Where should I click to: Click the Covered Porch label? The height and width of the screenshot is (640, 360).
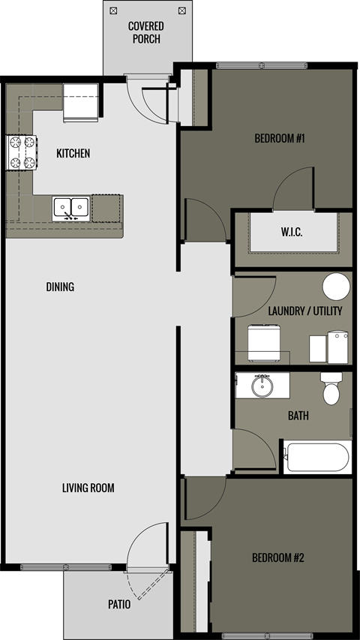(145, 32)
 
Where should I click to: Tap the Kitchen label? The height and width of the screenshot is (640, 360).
(73, 154)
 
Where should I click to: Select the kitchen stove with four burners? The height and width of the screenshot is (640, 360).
(22, 152)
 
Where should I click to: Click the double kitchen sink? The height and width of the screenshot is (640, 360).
(71, 208)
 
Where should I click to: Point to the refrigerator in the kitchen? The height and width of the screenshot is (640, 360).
(80, 102)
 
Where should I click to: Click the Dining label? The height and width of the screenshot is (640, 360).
(60, 287)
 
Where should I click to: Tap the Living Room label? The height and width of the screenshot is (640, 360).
(88, 488)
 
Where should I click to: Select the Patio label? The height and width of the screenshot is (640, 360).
(118, 604)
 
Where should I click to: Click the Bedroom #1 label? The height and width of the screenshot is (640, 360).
(279, 139)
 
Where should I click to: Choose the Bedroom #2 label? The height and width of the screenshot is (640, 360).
(277, 558)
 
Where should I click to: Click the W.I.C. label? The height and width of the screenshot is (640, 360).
(292, 233)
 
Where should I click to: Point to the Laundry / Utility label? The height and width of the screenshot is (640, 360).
(304, 311)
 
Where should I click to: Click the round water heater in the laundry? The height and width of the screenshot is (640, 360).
(336, 287)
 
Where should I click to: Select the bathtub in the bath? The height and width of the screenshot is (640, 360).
(316, 457)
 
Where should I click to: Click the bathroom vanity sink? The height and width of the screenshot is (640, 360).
(262, 386)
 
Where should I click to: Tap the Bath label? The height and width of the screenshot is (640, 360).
(298, 416)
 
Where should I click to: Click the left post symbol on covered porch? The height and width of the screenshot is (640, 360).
(113, 11)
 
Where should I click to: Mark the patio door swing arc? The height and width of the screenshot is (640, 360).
(142, 551)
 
